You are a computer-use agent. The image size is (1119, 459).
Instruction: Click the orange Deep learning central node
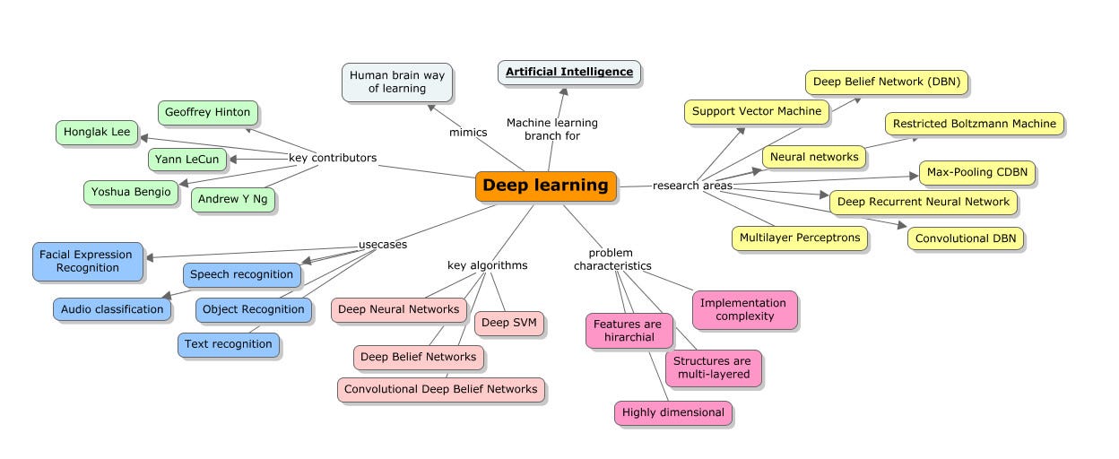point(545,186)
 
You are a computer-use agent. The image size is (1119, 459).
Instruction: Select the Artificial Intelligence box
point(569,72)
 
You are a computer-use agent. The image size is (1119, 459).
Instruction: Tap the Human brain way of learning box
point(396,82)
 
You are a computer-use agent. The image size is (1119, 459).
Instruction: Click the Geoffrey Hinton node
point(207,112)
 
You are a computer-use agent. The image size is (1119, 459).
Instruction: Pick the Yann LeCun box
point(186,160)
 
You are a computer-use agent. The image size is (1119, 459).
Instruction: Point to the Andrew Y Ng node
point(232,199)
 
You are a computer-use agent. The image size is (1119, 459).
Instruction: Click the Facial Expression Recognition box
point(86,262)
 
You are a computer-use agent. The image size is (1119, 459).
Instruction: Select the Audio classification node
point(112,309)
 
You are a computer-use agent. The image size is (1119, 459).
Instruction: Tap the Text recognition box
point(228,344)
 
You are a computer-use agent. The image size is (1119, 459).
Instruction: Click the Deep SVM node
point(508,323)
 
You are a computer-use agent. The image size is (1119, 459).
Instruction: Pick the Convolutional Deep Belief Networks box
point(440,389)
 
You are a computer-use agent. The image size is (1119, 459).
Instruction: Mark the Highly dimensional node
point(672,412)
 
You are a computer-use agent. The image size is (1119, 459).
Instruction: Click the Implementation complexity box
point(743,309)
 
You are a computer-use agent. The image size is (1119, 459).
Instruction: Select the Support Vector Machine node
point(755,111)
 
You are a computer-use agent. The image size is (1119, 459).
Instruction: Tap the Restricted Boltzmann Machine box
point(974,124)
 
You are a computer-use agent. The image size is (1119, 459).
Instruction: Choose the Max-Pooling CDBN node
point(976,172)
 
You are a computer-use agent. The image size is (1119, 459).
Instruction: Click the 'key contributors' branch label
point(332,159)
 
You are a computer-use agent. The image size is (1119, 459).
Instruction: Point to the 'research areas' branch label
point(692,186)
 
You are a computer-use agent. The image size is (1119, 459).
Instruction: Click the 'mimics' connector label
point(468,133)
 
